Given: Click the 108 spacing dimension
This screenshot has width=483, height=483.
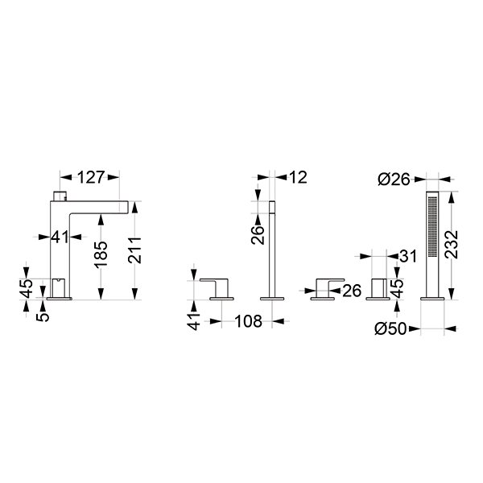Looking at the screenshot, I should pos(248,322).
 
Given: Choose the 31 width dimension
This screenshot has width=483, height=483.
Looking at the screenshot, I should pos(408,257).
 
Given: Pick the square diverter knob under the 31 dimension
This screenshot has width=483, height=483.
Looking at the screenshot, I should pos(377,288).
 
